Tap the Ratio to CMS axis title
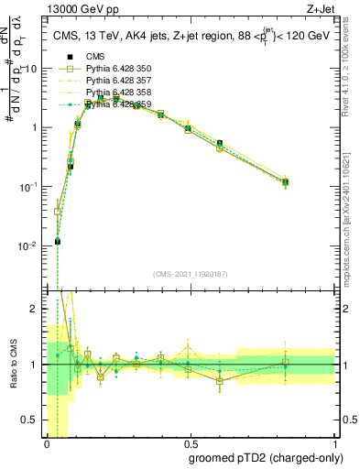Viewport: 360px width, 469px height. coord(13,365)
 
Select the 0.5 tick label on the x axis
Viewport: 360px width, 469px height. coord(190,443)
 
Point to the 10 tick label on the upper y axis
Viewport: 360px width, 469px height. coord(30,69)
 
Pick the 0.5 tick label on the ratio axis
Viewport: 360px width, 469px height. coord(30,421)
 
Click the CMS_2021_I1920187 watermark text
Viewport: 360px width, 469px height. coord(190,272)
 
